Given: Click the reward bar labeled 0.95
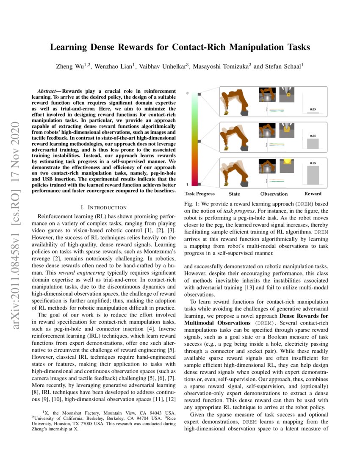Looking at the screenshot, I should click(x=313, y=175).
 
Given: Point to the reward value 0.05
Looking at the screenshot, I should click(x=313, y=109).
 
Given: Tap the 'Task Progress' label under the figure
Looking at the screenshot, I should click(x=199, y=194).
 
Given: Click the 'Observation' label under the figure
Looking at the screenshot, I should click(x=274, y=194).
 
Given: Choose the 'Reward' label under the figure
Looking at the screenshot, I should click(x=313, y=194).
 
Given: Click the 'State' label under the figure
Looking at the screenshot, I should click(x=234, y=194).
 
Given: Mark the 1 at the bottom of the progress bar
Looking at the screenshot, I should click(x=188, y=185).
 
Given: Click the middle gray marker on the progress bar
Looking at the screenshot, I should click(x=199, y=141).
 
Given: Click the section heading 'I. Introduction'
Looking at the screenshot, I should click(x=103, y=207).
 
